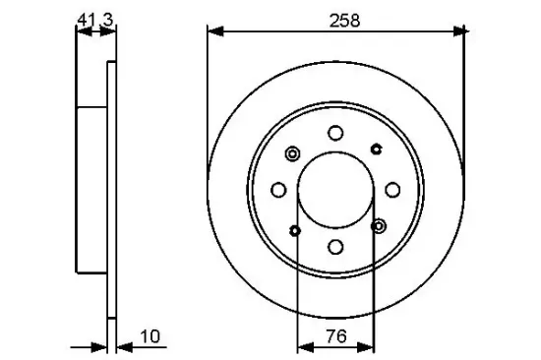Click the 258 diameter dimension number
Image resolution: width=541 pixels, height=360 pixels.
coord(335,19)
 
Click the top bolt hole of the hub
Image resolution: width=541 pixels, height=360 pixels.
coord(335,134)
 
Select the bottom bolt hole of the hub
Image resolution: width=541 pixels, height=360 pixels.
coord(335,247)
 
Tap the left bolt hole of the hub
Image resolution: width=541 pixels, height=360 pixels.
coord(279,190)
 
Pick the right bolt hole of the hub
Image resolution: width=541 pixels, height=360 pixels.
coord(391,190)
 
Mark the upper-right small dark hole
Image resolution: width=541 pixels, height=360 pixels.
coord(377,149)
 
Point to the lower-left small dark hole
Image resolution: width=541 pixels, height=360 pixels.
coord(295,231)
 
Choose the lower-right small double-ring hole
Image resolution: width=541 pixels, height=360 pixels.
coord(380,226)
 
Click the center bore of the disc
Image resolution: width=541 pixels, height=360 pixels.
coord(335,190)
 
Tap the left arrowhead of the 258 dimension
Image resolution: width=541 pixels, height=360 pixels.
coord(212,31)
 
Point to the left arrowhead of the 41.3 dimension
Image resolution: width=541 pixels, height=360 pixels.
coord(81,31)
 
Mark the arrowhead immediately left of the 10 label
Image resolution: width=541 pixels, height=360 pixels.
coord(121,345)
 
